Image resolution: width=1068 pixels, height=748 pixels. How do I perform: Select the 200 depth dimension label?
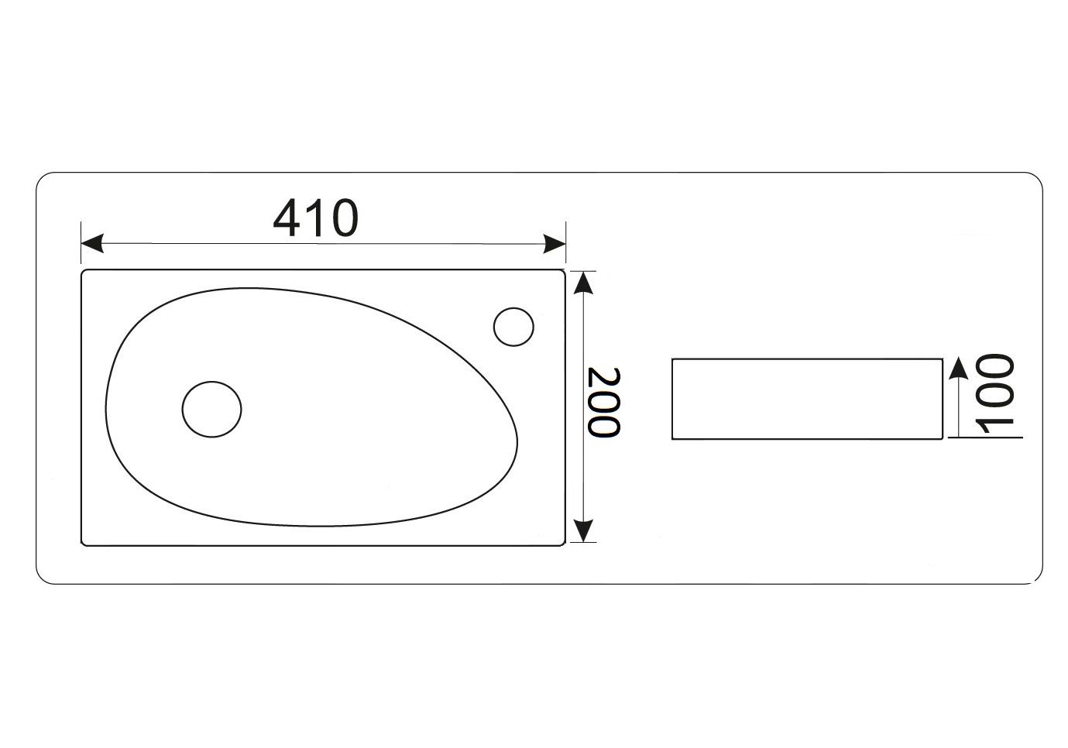pyautogui.click(x=603, y=402)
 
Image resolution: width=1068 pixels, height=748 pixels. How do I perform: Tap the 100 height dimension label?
pyautogui.click(x=994, y=396)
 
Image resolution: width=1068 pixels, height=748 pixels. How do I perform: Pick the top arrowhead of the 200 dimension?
pyautogui.click(x=583, y=283)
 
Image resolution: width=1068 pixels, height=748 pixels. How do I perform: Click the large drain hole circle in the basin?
pyautogui.click(x=211, y=408)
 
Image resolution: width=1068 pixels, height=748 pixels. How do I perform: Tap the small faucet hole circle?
pyautogui.click(x=513, y=326)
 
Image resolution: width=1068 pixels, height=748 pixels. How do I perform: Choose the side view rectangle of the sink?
pyautogui.click(x=806, y=399)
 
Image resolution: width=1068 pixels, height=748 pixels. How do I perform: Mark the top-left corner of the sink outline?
pyautogui.click(x=84, y=272)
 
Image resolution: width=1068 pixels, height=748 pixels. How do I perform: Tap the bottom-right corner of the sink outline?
pyautogui.click(x=562, y=544)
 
